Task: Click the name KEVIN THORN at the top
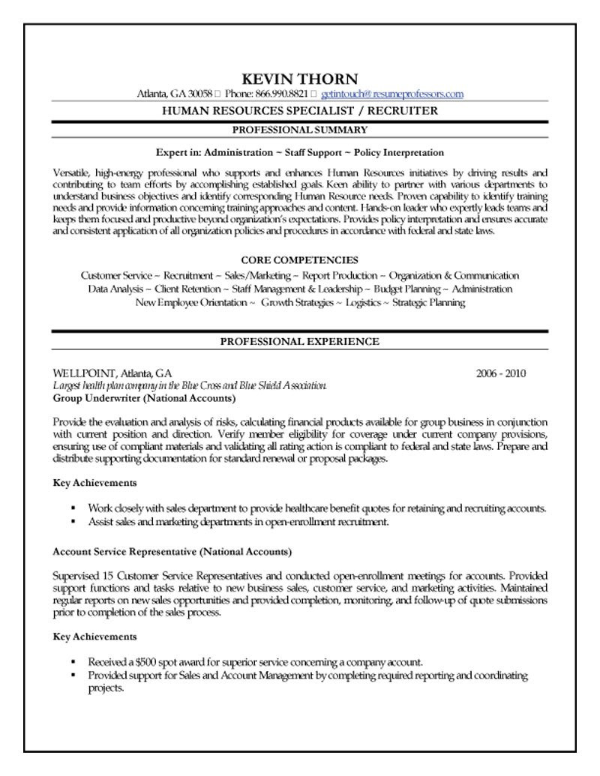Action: pyautogui.click(x=300, y=79)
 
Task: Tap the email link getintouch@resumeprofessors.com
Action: pyautogui.click(x=392, y=94)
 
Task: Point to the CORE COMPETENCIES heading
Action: pyautogui.click(x=300, y=260)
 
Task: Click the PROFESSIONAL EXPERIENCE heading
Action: pyautogui.click(x=300, y=342)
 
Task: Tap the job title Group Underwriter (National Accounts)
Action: pyautogui.click(x=144, y=397)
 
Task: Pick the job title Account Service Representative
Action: pyautogui.click(x=124, y=551)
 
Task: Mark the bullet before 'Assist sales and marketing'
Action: pyautogui.click(x=73, y=520)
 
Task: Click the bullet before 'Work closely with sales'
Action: pyautogui.click(x=73, y=508)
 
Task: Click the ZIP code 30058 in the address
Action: pyautogui.click(x=201, y=94)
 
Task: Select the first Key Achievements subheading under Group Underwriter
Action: pyautogui.click(x=94, y=483)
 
